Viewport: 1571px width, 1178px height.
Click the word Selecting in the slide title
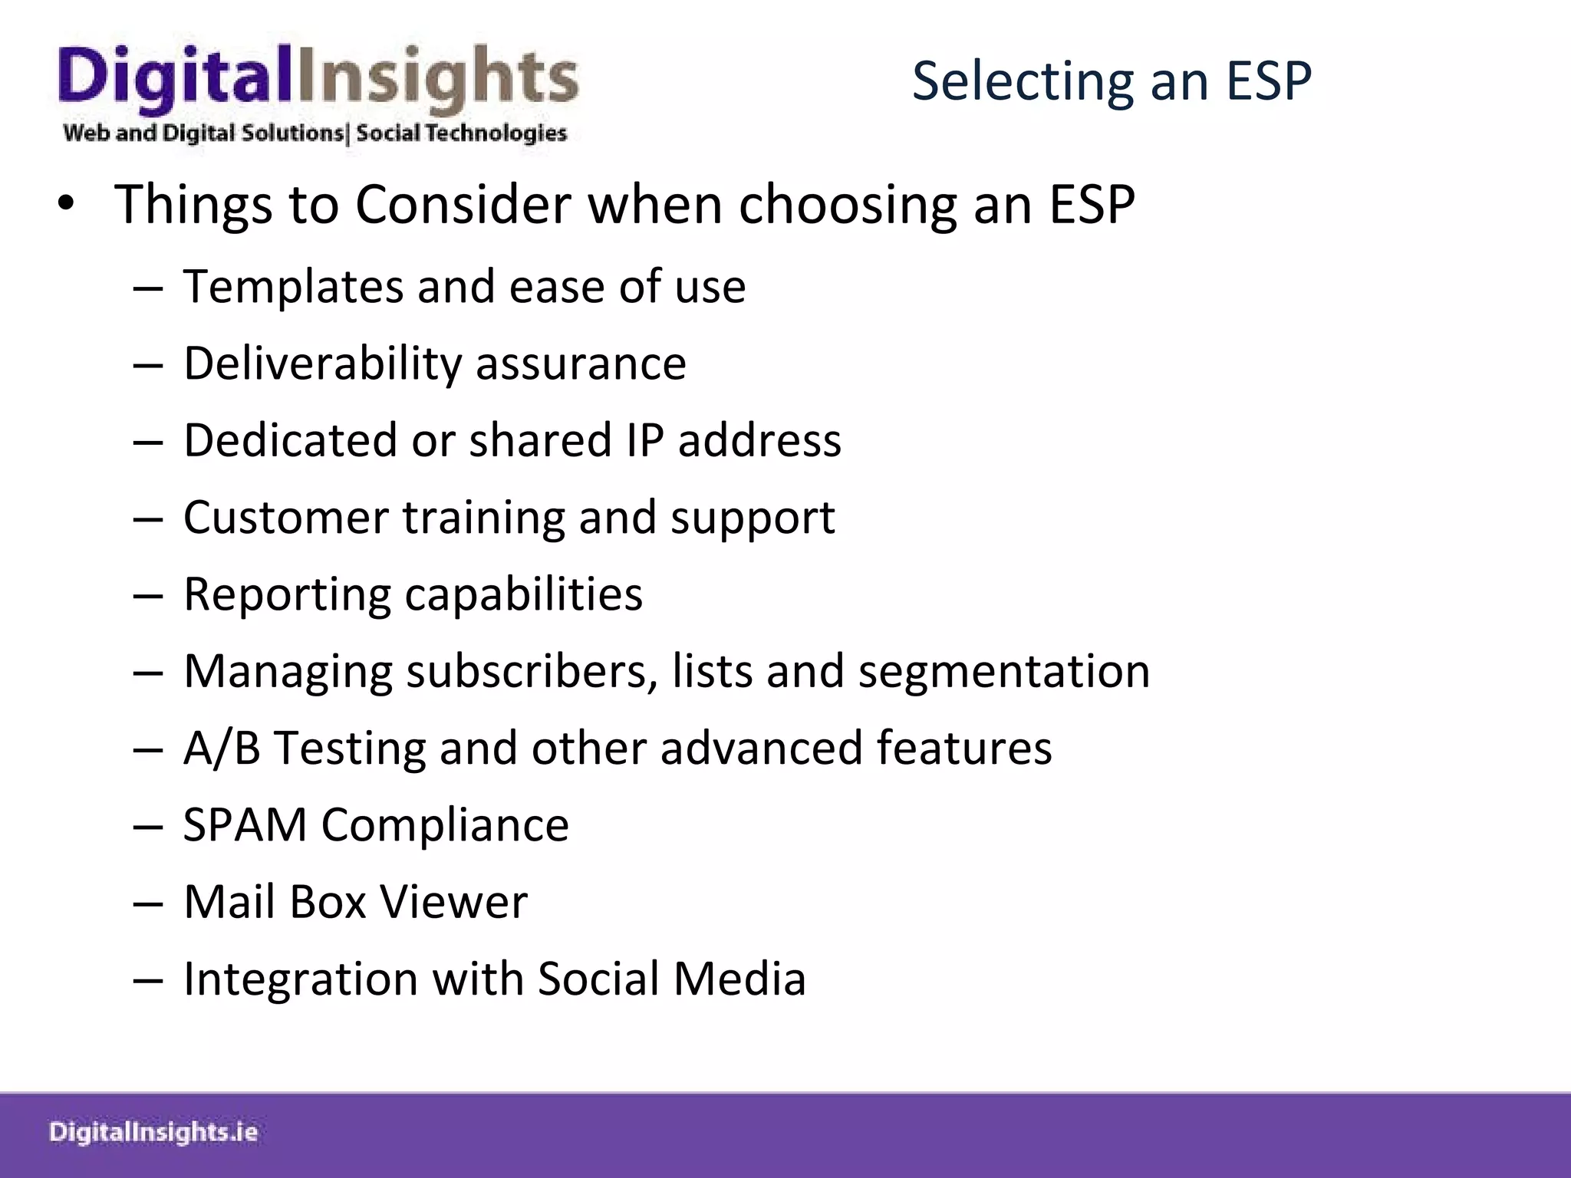[x=1021, y=81]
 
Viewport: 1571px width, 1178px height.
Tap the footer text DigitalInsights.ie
[x=153, y=1133]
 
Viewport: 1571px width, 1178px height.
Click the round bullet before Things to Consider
[x=66, y=205]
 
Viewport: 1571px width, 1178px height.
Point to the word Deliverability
[x=322, y=364]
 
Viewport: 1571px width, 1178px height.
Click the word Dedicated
[x=290, y=440]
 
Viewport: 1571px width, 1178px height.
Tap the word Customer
[x=285, y=518]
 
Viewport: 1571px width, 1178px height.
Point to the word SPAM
[x=245, y=825]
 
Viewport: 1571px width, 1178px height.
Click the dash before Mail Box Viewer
[x=147, y=903]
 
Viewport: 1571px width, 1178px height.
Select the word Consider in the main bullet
[x=463, y=205]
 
